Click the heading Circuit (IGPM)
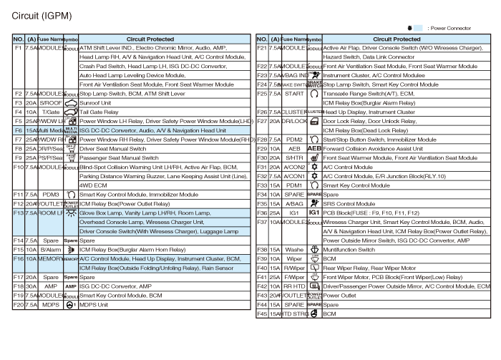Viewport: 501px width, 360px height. tap(34, 14)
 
